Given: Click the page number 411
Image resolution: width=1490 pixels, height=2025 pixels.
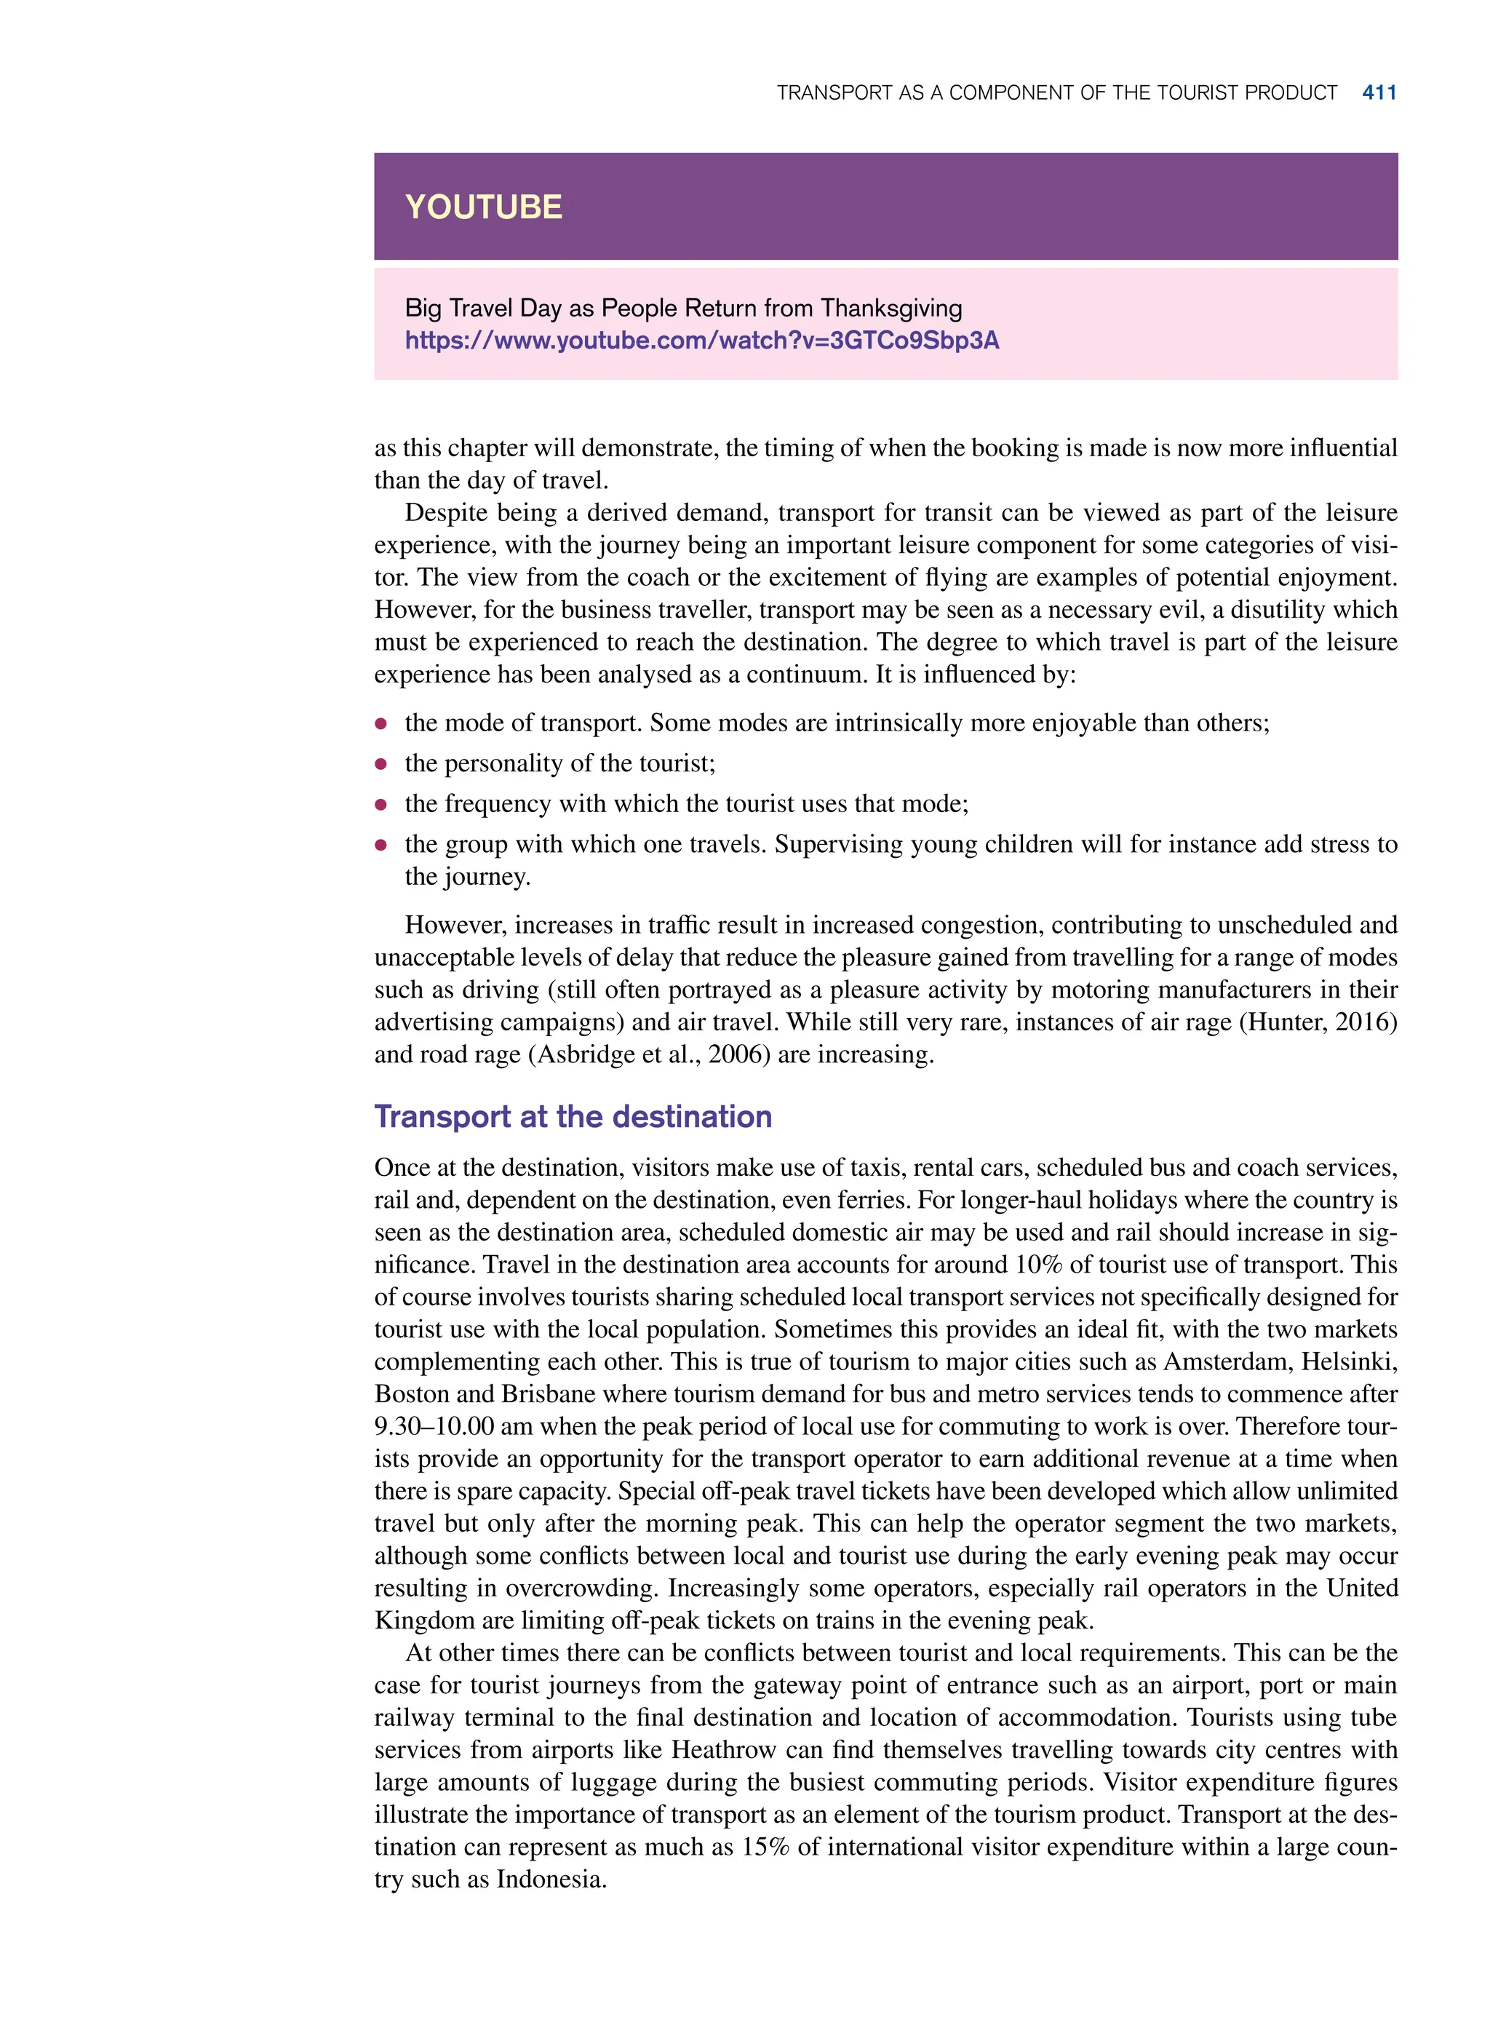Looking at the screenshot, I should tap(1379, 93).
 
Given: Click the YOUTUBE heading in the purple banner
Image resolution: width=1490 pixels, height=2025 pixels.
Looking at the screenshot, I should tap(483, 207).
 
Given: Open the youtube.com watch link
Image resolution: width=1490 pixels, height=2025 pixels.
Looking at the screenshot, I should tap(701, 341).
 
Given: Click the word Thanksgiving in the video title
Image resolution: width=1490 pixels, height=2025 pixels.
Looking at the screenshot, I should tap(891, 309).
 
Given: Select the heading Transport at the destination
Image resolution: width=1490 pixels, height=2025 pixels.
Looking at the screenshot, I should tap(573, 1117).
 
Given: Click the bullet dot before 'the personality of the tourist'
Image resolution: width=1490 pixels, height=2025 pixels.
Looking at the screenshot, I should tap(381, 764).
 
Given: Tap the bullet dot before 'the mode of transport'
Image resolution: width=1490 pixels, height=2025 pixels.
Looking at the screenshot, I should tap(381, 723).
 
